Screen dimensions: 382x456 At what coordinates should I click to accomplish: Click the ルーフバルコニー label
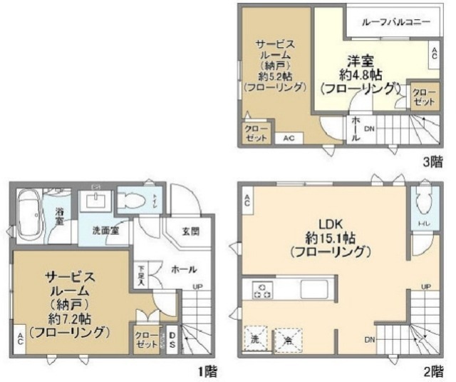(396, 22)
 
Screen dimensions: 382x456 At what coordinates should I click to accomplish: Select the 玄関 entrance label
(190, 231)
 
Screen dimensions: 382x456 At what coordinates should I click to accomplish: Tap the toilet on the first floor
(133, 202)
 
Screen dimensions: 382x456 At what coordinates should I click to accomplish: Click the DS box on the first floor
(172, 338)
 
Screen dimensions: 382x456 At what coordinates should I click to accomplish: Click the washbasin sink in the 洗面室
(94, 200)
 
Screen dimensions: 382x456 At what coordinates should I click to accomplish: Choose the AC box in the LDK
(247, 202)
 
